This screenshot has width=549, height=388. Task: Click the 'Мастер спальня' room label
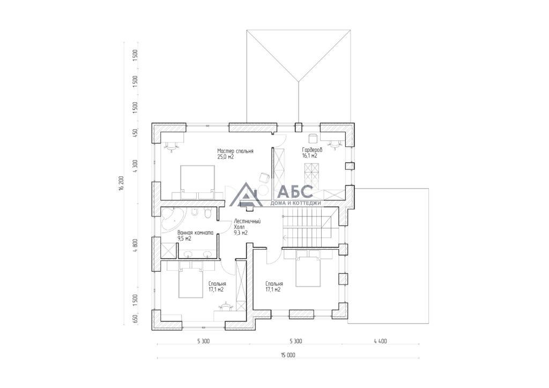[235, 151]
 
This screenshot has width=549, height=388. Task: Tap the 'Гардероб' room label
[313, 150]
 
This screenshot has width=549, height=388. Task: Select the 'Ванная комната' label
[195, 233]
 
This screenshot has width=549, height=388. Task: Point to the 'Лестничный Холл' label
[247, 224]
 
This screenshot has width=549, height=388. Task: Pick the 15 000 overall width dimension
[288, 355]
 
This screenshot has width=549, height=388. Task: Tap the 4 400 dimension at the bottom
[380, 341]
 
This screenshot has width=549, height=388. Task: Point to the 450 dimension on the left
[135, 133]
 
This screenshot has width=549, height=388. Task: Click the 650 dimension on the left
[135, 319]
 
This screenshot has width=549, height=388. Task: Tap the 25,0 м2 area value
[226, 157]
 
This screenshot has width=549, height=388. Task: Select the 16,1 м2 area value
[310, 156]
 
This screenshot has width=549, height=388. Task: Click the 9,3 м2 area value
[241, 233]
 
